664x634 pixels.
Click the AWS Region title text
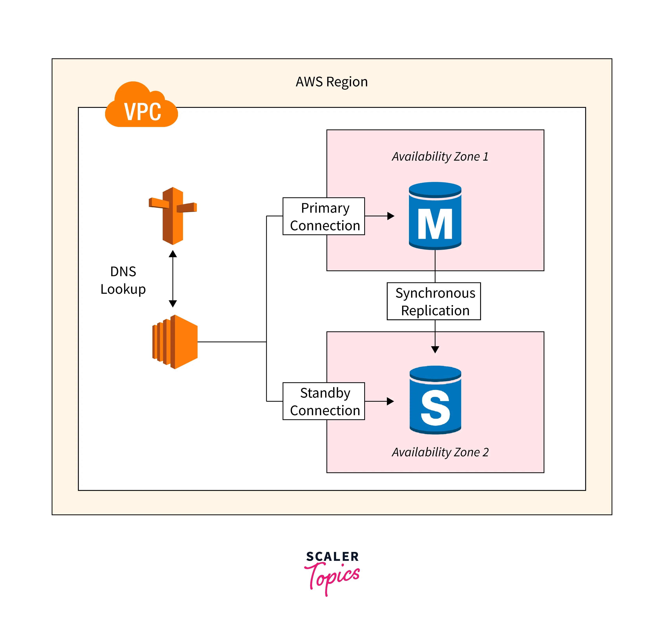point(331,82)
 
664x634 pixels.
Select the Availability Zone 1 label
point(440,156)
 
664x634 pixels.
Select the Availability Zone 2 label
point(440,452)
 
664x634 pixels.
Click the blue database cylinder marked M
point(435,216)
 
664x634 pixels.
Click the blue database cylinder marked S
point(435,401)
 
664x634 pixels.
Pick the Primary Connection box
point(324,216)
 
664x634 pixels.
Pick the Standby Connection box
point(324,401)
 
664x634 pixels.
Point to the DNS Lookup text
point(123,280)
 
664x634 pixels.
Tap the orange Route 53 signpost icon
point(173,216)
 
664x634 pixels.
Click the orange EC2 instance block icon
point(175,342)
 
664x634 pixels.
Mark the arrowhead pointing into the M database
point(391,216)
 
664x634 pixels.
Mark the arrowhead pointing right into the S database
point(390,401)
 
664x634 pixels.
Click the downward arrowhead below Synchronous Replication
point(435,350)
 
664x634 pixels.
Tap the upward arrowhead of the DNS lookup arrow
point(173,254)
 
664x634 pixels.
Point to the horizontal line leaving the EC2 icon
point(231,342)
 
